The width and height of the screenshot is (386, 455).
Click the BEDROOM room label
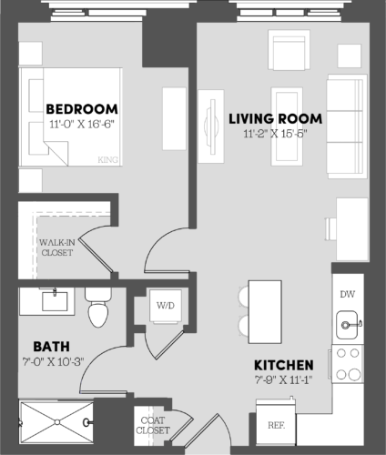[x=80, y=108]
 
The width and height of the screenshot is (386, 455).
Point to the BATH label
[x=46, y=346]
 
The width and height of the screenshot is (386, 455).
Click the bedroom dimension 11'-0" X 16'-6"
[x=80, y=125]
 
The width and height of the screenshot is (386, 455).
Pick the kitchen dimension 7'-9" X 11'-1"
[x=284, y=379]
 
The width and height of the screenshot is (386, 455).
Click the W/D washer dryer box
[x=165, y=305]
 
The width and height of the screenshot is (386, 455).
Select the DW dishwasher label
[x=347, y=294]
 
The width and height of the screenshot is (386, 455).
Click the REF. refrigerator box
[x=276, y=425]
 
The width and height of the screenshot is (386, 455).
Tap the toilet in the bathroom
[x=97, y=309]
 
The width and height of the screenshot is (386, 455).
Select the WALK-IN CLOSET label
[x=56, y=247]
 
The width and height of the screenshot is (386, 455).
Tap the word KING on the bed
[x=107, y=161]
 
